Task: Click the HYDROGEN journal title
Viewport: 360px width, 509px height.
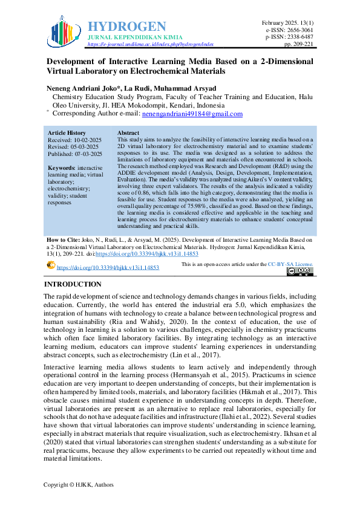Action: pyautogui.click(x=127, y=26)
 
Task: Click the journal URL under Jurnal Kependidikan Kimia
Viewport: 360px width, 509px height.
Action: pyautogui.click(x=151, y=44)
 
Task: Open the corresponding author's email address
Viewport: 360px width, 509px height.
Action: pyautogui.click(x=192, y=114)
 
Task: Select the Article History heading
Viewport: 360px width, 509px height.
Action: pyautogui.click(x=67, y=132)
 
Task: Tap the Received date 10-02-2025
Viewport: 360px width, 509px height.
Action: pyautogui.click(x=87, y=140)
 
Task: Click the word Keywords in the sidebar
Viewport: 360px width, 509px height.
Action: pyautogui.click(x=61, y=167)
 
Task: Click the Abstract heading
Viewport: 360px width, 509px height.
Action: pyautogui.click(x=128, y=132)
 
